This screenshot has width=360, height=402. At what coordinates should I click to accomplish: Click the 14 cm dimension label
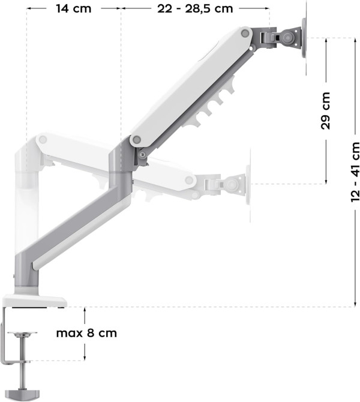pyautogui.click(x=74, y=8)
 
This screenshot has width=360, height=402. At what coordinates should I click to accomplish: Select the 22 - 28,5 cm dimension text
pyautogui.click(x=195, y=8)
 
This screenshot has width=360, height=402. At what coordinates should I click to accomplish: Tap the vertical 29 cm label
pyautogui.click(x=326, y=111)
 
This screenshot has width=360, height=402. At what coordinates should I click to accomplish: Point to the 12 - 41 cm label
pyautogui.click(x=355, y=172)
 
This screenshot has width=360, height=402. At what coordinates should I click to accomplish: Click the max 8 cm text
pyautogui.click(x=86, y=333)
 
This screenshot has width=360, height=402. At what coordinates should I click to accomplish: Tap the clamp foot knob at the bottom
pyautogui.click(x=23, y=395)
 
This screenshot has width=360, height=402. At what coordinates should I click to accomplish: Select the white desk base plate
pyautogui.click(x=35, y=301)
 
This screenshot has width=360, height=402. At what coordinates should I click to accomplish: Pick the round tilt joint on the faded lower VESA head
pyautogui.click(x=232, y=184)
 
